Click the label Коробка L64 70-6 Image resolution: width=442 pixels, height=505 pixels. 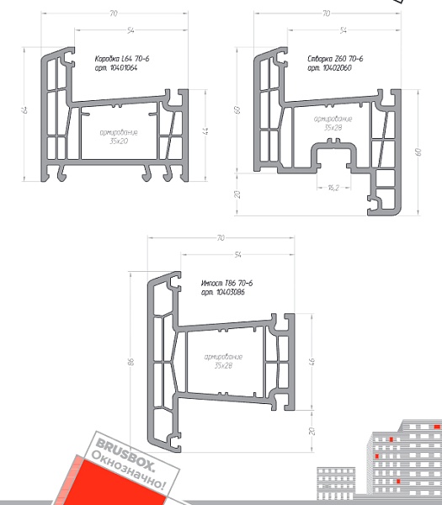(x=122, y=59)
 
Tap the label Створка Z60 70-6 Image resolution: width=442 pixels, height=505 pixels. (x=335, y=59)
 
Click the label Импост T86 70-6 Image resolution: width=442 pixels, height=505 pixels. (x=226, y=283)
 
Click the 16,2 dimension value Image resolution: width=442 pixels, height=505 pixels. (x=333, y=188)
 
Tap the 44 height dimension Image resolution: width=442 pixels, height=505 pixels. (x=206, y=131)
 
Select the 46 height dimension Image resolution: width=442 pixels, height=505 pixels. (x=312, y=361)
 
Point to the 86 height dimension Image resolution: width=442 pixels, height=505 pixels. (x=131, y=362)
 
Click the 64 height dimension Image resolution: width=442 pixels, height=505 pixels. (x=25, y=109)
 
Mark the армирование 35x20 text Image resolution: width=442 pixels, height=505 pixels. (x=119, y=136)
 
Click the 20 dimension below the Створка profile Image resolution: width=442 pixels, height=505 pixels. (x=237, y=194)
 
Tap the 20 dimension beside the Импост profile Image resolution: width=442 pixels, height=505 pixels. (x=312, y=431)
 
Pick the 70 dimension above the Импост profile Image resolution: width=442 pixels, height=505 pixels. (x=221, y=237)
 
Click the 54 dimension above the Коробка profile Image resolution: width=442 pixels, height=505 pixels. (x=130, y=30)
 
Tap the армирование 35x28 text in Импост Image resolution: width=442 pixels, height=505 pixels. (x=223, y=361)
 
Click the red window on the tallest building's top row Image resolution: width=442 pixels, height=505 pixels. (x=437, y=427)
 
